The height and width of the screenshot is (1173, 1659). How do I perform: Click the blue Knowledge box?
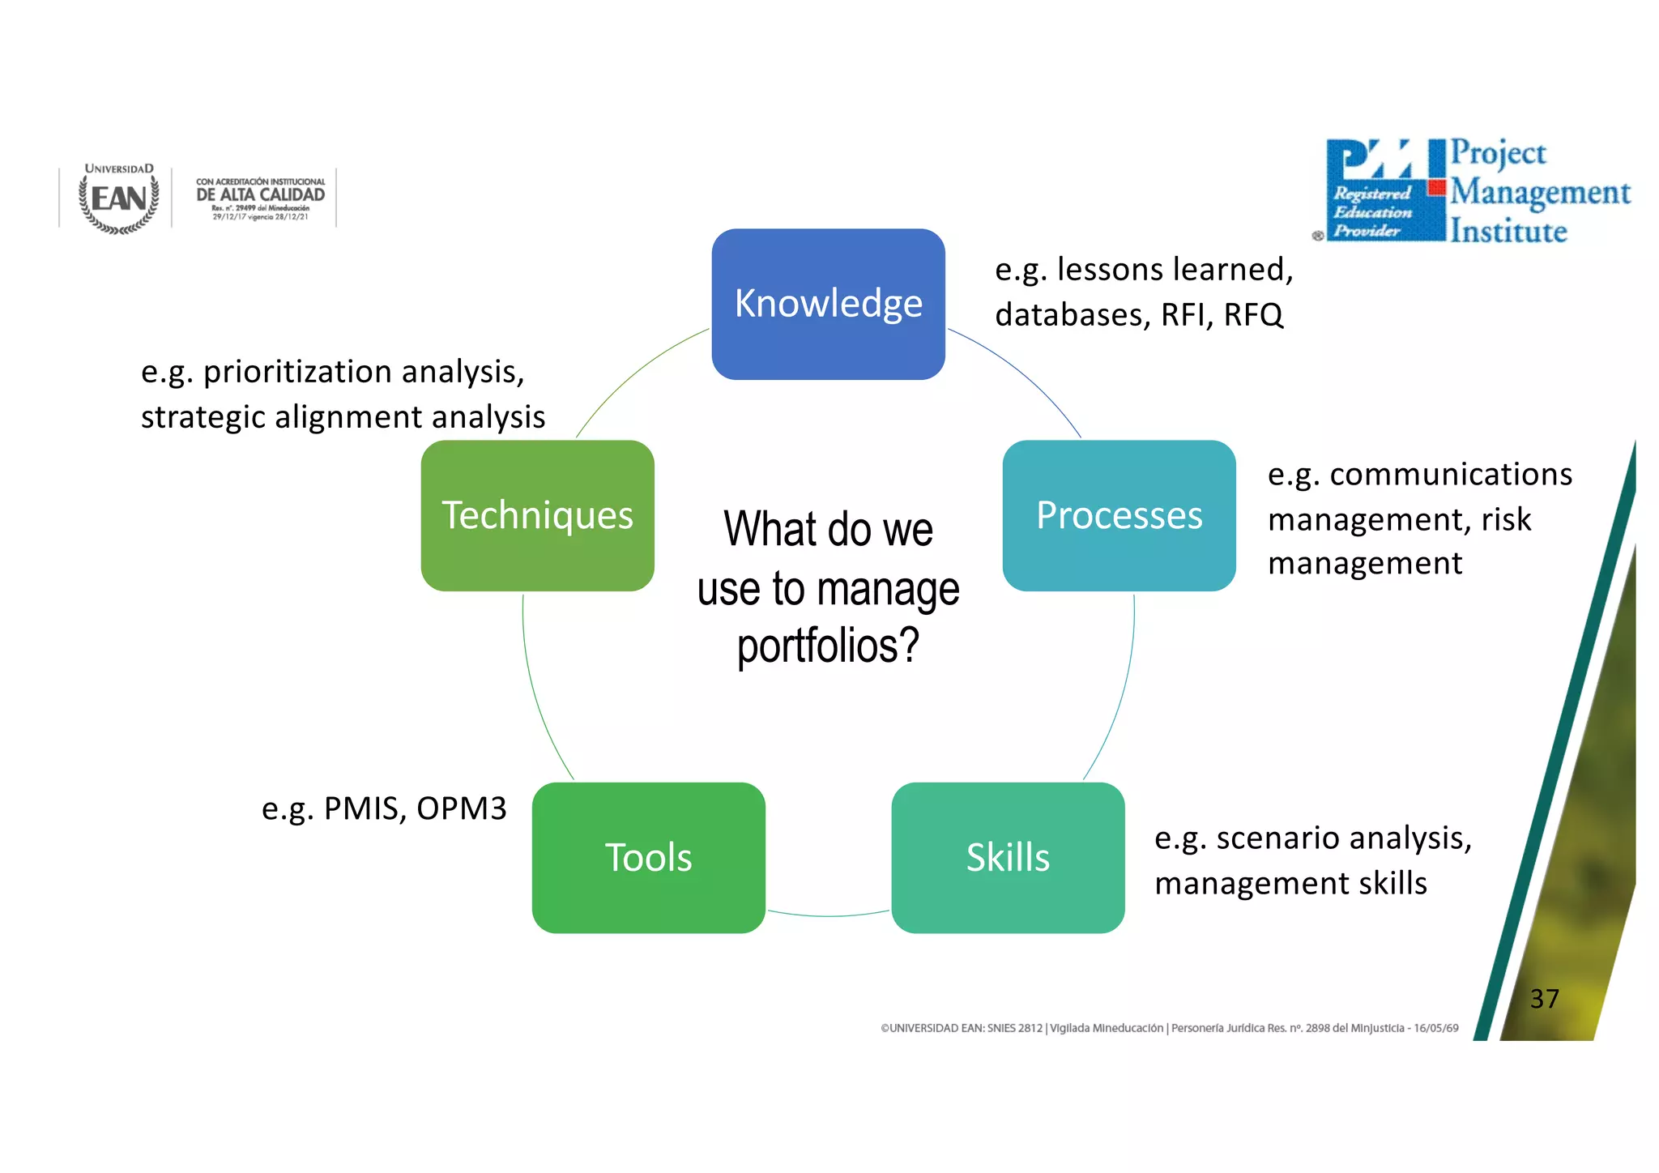click(x=828, y=304)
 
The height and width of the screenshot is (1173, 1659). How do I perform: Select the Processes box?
click(x=1119, y=516)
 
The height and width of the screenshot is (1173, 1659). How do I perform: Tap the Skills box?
click(x=1008, y=858)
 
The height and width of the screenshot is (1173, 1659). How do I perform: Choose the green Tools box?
click(x=648, y=858)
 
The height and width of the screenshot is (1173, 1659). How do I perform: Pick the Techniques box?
click(x=537, y=516)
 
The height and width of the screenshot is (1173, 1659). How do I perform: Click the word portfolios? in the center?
click(x=828, y=646)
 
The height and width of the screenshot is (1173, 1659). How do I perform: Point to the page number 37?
click(x=1544, y=999)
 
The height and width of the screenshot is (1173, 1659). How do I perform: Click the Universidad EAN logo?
click(x=119, y=198)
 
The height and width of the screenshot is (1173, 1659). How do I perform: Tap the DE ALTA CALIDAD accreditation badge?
click(x=260, y=198)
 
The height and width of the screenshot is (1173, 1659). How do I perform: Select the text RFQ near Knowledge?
click(x=1253, y=315)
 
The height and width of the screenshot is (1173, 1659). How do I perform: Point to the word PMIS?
click(x=365, y=808)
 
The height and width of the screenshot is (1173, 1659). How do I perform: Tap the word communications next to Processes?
click(x=1450, y=475)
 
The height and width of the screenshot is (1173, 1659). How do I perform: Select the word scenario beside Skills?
click(x=1270, y=838)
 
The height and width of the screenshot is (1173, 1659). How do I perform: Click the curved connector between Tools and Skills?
click(x=828, y=915)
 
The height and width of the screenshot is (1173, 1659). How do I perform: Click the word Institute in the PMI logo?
click(x=1508, y=232)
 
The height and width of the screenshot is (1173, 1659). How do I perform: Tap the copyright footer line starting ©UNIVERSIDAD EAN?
click(x=1169, y=1028)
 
